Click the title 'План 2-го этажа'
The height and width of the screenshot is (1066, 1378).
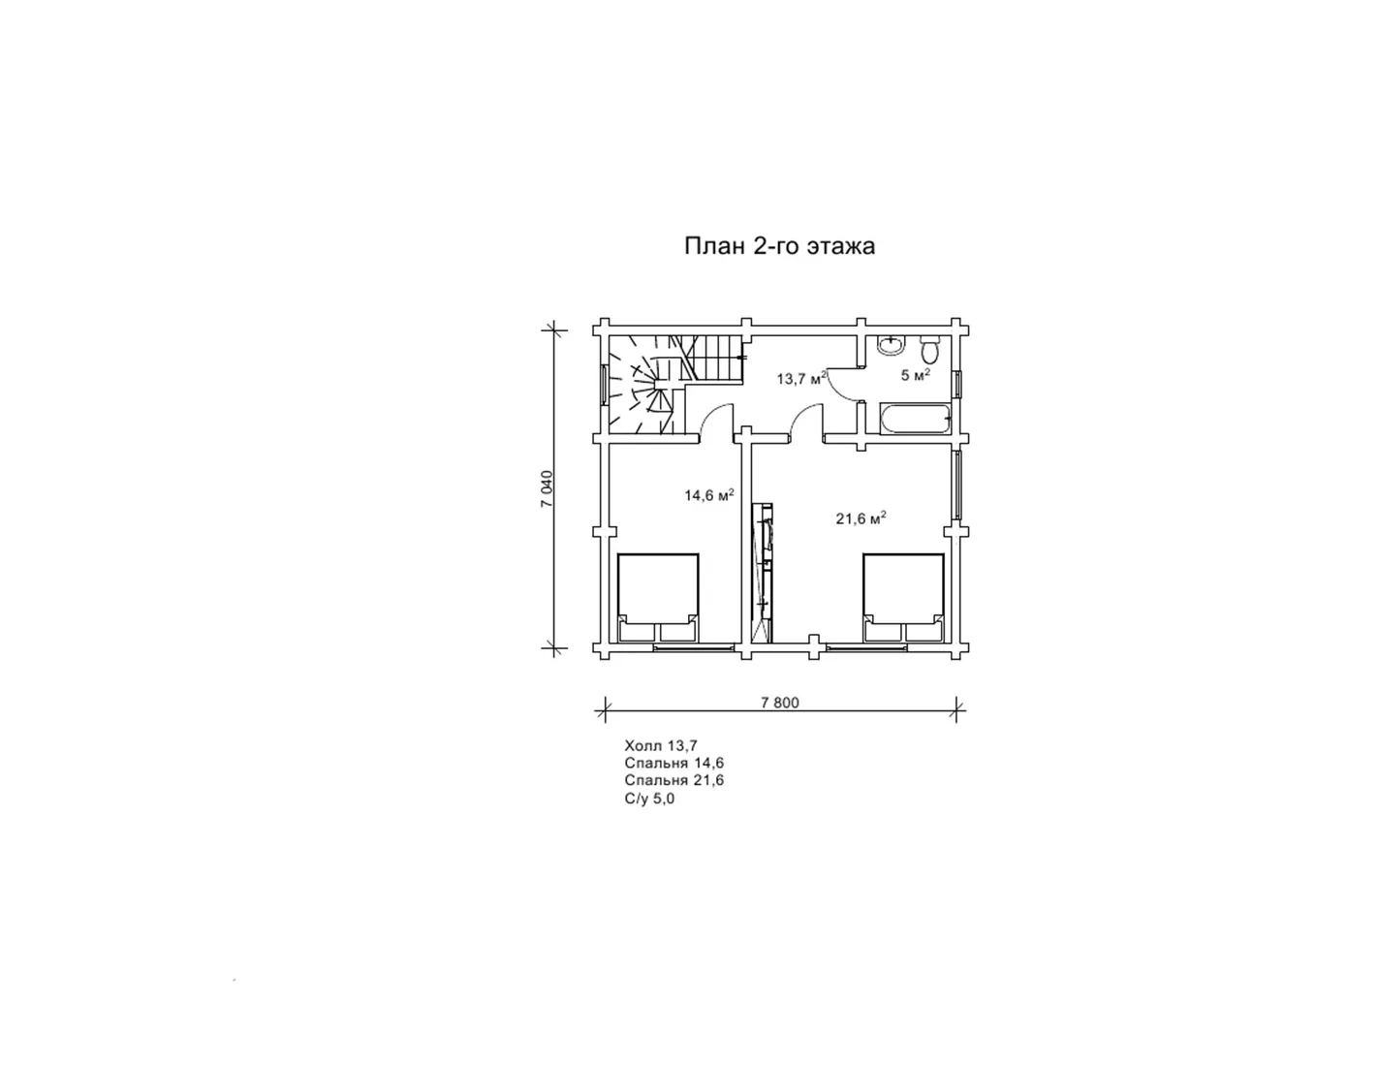779,246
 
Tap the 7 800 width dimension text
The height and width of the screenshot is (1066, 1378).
779,703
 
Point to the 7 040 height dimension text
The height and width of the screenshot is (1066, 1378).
548,488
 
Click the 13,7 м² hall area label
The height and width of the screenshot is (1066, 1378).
801,378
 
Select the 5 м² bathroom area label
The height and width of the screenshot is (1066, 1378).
915,375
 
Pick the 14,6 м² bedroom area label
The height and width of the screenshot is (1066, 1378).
709,494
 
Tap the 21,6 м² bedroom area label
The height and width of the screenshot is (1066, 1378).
861,518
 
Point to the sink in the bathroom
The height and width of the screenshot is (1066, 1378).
891,346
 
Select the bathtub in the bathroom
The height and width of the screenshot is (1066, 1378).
917,419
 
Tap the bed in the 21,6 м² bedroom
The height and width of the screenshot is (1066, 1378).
903,598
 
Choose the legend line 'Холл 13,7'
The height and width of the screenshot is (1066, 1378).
661,745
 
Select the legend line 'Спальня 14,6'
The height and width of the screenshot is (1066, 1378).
674,763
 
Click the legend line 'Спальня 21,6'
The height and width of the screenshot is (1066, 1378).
674,780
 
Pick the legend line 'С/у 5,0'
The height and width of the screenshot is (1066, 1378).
649,799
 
